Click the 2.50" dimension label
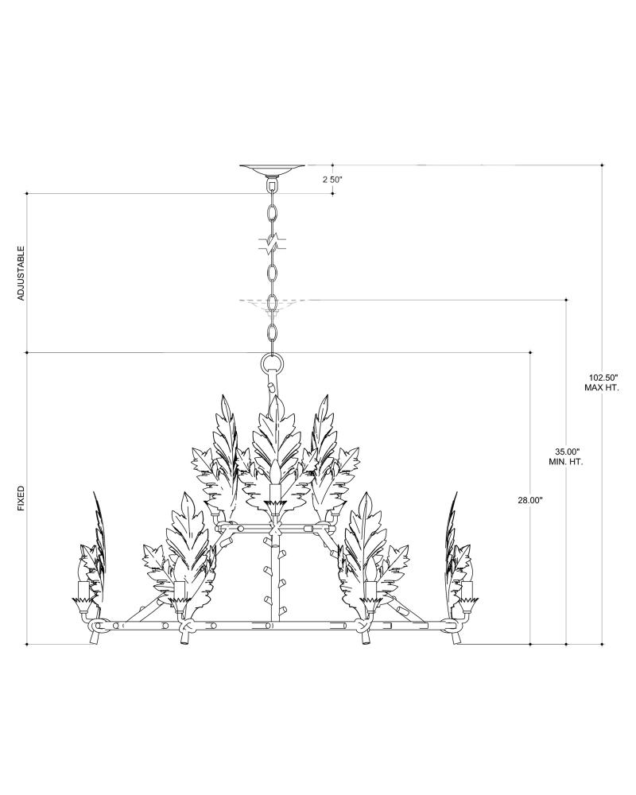point(333,180)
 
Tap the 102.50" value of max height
point(602,378)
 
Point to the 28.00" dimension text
point(530,500)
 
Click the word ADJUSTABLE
point(21,273)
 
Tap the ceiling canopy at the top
point(273,169)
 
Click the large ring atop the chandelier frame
point(273,363)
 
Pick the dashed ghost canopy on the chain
point(273,302)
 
